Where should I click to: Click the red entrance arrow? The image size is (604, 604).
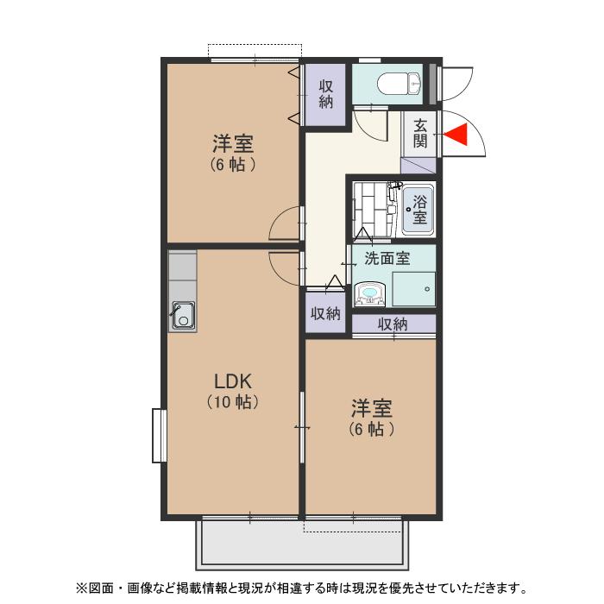coord(455,135)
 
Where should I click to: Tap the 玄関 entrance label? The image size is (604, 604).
coord(420,134)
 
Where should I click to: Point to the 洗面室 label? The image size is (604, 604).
coord(387,257)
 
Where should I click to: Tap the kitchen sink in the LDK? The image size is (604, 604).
coord(182,316)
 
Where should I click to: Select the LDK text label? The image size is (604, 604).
coord(233,381)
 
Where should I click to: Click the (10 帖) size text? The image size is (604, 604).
coord(233,402)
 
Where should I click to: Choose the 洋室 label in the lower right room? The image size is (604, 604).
coord(372,407)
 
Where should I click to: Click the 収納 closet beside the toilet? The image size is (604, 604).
coord(326,94)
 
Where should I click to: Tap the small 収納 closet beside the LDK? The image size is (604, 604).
coord(325,313)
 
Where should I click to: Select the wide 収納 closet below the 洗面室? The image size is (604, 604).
coord(393,324)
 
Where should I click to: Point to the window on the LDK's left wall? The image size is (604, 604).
coord(159,435)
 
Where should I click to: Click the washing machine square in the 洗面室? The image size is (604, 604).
coord(413,289)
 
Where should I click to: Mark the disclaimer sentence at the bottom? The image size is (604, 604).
coord(301,588)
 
